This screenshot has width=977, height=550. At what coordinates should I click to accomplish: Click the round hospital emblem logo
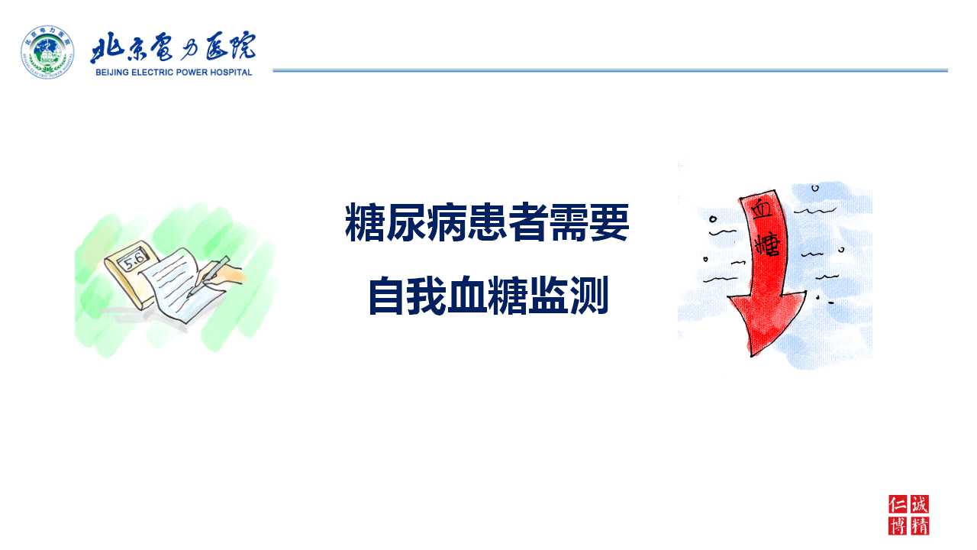pyautogui.click(x=47, y=52)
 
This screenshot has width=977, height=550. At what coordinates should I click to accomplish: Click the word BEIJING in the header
pyautogui.click(x=112, y=73)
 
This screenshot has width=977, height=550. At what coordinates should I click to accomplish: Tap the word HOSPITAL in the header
pyautogui.click(x=231, y=73)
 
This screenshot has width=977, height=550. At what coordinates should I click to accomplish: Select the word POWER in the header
pyautogui.click(x=192, y=73)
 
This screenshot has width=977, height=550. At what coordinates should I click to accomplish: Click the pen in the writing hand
pyautogui.click(x=208, y=277)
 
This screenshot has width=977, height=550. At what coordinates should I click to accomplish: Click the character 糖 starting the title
pyautogui.click(x=365, y=222)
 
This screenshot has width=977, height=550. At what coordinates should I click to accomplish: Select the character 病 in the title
pyautogui.click(x=447, y=222)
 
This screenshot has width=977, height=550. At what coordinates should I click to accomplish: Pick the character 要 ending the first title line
pyautogui.click(x=609, y=222)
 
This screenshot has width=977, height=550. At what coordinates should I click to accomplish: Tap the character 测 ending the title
pyautogui.click(x=589, y=295)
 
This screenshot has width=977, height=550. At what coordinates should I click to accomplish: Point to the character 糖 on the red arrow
pyautogui.click(x=767, y=245)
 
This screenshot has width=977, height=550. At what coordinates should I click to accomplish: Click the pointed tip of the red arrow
pyautogui.click(x=752, y=356)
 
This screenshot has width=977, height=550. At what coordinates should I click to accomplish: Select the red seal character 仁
pyautogui.click(x=898, y=505)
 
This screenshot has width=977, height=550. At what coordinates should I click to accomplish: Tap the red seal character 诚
pyautogui.click(x=920, y=504)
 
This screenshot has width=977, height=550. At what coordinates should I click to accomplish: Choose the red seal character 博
pyautogui.click(x=898, y=526)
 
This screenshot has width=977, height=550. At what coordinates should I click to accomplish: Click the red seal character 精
pyautogui.click(x=920, y=526)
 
